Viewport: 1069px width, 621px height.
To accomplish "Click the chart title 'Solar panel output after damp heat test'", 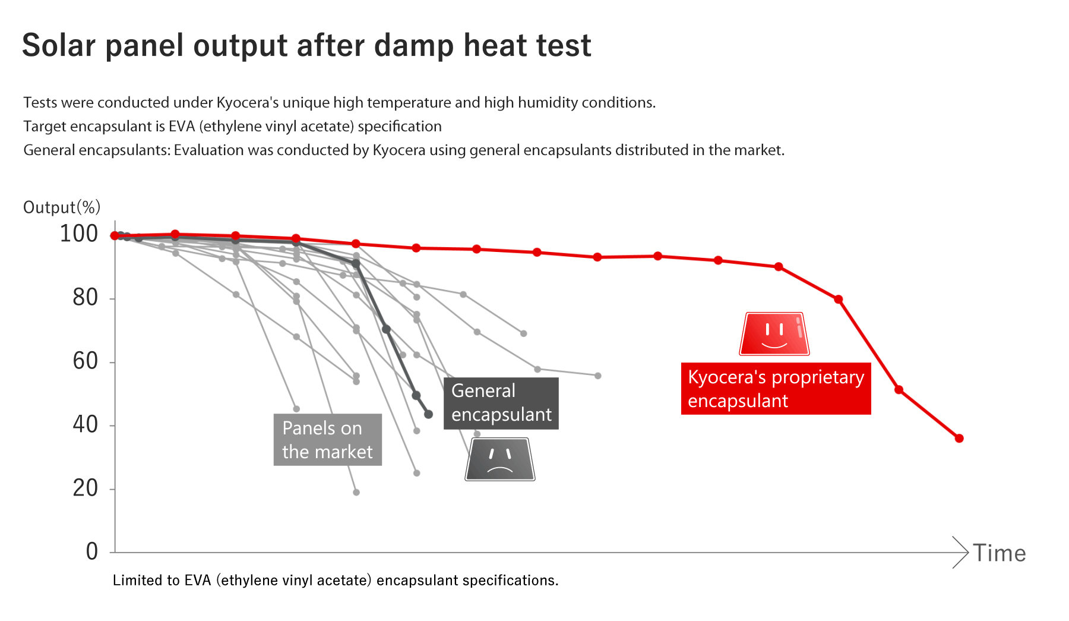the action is [x=306, y=46].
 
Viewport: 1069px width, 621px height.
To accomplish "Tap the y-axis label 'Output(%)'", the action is [x=62, y=207].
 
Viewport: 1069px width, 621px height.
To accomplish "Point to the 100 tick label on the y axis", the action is [x=79, y=234].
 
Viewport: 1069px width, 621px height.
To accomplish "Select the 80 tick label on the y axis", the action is [x=86, y=297].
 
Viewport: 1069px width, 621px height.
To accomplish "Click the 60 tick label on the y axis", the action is [x=86, y=361].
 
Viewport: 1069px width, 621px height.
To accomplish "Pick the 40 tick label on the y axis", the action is [x=86, y=424].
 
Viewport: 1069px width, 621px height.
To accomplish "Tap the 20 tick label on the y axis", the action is [x=86, y=488].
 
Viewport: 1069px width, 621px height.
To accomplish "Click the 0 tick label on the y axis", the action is [x=92, y=551].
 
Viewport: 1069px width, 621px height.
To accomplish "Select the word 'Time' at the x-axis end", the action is [x=1000, y=553].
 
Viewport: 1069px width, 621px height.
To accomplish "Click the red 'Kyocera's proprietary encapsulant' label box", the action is [x=776, y=389].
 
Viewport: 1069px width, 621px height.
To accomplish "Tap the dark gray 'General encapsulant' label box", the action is [x=501, y=403].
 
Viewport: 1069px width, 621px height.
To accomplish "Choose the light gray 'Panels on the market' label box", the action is [x=328, y=440].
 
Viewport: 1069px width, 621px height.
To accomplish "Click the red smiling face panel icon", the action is [x=774, y=334].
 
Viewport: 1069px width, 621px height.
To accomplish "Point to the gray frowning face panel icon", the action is [x=500, y=459].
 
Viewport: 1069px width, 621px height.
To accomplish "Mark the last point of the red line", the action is [x=959, y=439].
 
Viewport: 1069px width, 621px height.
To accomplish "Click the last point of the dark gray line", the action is [x=429, y=414].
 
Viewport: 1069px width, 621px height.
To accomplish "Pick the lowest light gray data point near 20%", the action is [x=356, y=492].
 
